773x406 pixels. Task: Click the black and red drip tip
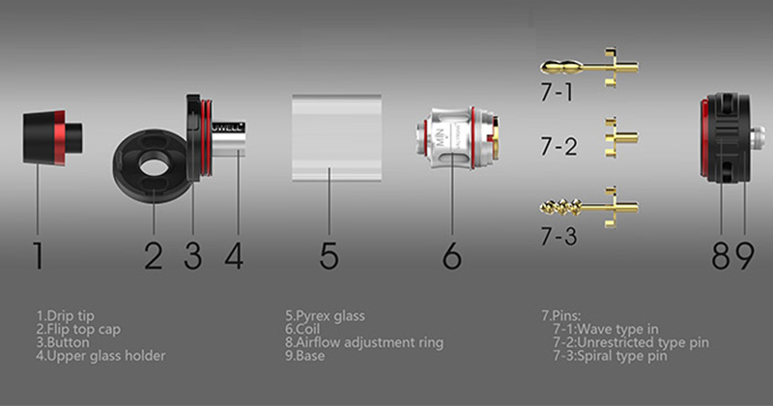[x=52, y=137]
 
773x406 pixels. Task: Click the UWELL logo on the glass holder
[x=228, y=128]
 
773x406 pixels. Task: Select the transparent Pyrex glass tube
[x=336, y=137]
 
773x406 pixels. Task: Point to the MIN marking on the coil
[x=441, y=136]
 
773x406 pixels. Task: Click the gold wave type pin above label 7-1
[x=589, y=67]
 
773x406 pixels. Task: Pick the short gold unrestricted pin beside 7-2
[x=621, y=137]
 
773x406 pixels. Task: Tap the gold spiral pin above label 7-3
[x=589, y=207]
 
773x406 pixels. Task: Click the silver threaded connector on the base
[x=759, y=138]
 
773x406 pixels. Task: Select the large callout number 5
[x=329, y=255]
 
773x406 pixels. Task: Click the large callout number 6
[x=451, y=255]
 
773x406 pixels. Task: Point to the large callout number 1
[x=38, y=255]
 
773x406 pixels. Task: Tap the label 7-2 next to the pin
[x=558, y=147]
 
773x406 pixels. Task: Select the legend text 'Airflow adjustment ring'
[x=370, y=342]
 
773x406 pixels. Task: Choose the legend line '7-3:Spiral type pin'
[x=610, y=356]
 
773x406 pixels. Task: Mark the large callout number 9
[x=744, y=255]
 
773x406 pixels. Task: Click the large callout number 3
[x=192, y=255]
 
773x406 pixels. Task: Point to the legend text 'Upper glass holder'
[x=106, y=356]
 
